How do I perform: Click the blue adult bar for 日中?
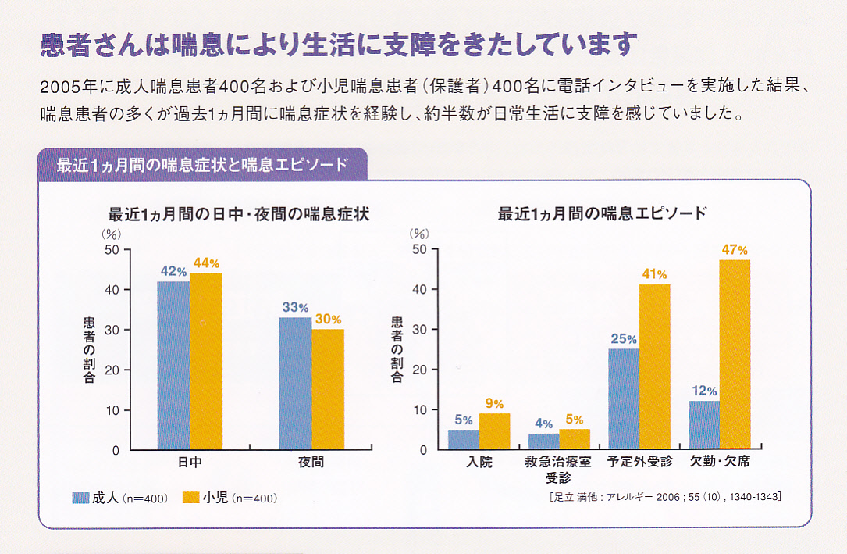173,365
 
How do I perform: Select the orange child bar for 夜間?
328,389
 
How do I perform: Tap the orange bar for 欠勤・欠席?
735,355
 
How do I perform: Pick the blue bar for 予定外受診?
624,399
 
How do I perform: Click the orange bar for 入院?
494,431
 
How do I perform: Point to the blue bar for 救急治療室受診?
543,441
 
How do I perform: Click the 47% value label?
735,250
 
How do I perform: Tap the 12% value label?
703,391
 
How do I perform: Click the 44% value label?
206,263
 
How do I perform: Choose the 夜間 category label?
311,462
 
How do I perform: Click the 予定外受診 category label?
639,461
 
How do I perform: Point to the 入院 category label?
479,462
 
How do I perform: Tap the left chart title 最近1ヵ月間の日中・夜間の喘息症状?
238,213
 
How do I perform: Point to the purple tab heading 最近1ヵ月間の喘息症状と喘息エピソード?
202,165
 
